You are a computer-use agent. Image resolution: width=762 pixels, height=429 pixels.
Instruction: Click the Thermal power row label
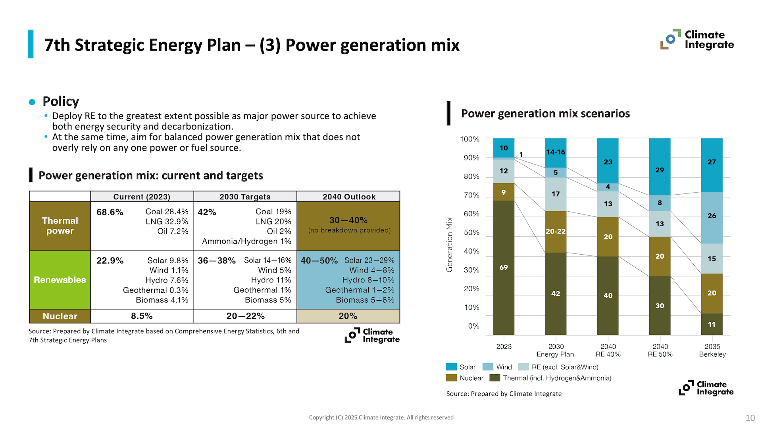coord(60,226)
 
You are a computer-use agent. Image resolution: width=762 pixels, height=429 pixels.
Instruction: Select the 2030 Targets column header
coord(245,197)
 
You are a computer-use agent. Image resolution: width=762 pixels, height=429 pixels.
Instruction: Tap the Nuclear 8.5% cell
coord(142,316)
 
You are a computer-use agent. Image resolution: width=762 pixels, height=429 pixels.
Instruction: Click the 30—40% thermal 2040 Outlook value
coord(348,220)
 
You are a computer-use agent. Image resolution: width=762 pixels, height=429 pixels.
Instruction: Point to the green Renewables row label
coord(60,280)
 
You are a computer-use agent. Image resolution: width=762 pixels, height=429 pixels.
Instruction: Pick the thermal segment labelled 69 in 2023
coord(504,267)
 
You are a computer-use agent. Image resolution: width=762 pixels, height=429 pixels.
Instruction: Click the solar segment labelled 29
coord(660,170)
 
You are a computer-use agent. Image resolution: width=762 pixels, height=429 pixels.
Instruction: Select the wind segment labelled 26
coord(712,216)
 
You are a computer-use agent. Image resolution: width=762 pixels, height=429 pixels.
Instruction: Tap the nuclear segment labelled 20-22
coord(556,231)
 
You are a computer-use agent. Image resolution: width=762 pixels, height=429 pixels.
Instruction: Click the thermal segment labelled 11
coord(712,325)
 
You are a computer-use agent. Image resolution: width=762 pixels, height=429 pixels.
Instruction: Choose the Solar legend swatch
coord(451,367)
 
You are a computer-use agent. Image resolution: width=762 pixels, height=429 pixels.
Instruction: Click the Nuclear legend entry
coord(465,378)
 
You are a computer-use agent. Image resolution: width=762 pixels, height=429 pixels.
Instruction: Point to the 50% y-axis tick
coord(471,232)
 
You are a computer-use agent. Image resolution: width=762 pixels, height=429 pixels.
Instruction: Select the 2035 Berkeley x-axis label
coord(712,350)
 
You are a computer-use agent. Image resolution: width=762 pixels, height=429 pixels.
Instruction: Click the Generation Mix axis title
coord(449,245)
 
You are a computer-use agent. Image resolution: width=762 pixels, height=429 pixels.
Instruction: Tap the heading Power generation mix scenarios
coord(545,114)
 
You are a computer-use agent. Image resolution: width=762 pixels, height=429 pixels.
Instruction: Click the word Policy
coord(61,101)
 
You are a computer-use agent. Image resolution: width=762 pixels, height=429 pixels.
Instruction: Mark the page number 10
coord(750,418)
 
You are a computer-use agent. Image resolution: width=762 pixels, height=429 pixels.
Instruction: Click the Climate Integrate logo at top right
coord(697,40)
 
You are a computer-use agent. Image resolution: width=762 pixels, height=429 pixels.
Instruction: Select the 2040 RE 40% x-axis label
coord(608,350)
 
